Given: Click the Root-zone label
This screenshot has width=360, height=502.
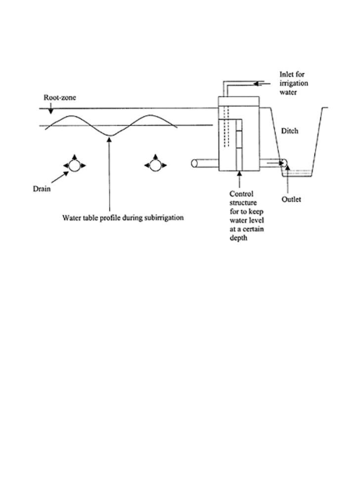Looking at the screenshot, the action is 60,97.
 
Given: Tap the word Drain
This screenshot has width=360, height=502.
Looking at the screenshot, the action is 42,189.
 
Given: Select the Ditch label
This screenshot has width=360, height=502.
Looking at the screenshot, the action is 290,131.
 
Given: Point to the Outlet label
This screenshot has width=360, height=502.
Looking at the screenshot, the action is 291,199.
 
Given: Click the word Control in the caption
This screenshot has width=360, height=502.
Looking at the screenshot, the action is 241,194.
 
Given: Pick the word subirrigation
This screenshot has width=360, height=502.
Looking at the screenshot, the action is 164,218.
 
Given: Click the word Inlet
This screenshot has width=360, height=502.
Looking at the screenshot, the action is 286,75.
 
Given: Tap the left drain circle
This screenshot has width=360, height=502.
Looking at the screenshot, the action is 74,166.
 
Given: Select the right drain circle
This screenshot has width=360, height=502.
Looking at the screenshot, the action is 155,166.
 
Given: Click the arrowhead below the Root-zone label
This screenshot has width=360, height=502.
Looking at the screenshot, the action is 50,111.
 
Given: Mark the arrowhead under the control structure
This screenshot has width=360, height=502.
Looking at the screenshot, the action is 240,174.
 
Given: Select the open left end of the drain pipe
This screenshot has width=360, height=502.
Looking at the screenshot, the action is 194,164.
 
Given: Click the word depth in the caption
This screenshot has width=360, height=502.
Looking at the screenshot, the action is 238,238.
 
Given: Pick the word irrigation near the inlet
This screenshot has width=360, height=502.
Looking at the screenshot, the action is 294,84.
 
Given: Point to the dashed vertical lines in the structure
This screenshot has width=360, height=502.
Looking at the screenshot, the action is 226,127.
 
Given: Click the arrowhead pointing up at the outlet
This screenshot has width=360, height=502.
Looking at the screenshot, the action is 287,168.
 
